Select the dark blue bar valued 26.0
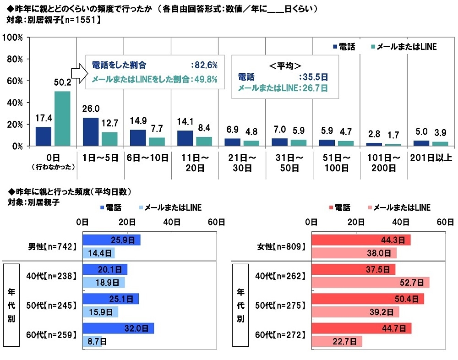pos(91,132)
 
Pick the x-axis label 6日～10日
pos(147,158)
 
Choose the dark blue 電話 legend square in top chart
pos(334,47)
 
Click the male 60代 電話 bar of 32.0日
pos(118,328)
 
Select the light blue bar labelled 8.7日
pos(92,341)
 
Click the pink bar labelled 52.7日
pos(370,283)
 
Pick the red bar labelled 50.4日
pos(367,299)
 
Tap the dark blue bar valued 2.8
pos(374,144)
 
